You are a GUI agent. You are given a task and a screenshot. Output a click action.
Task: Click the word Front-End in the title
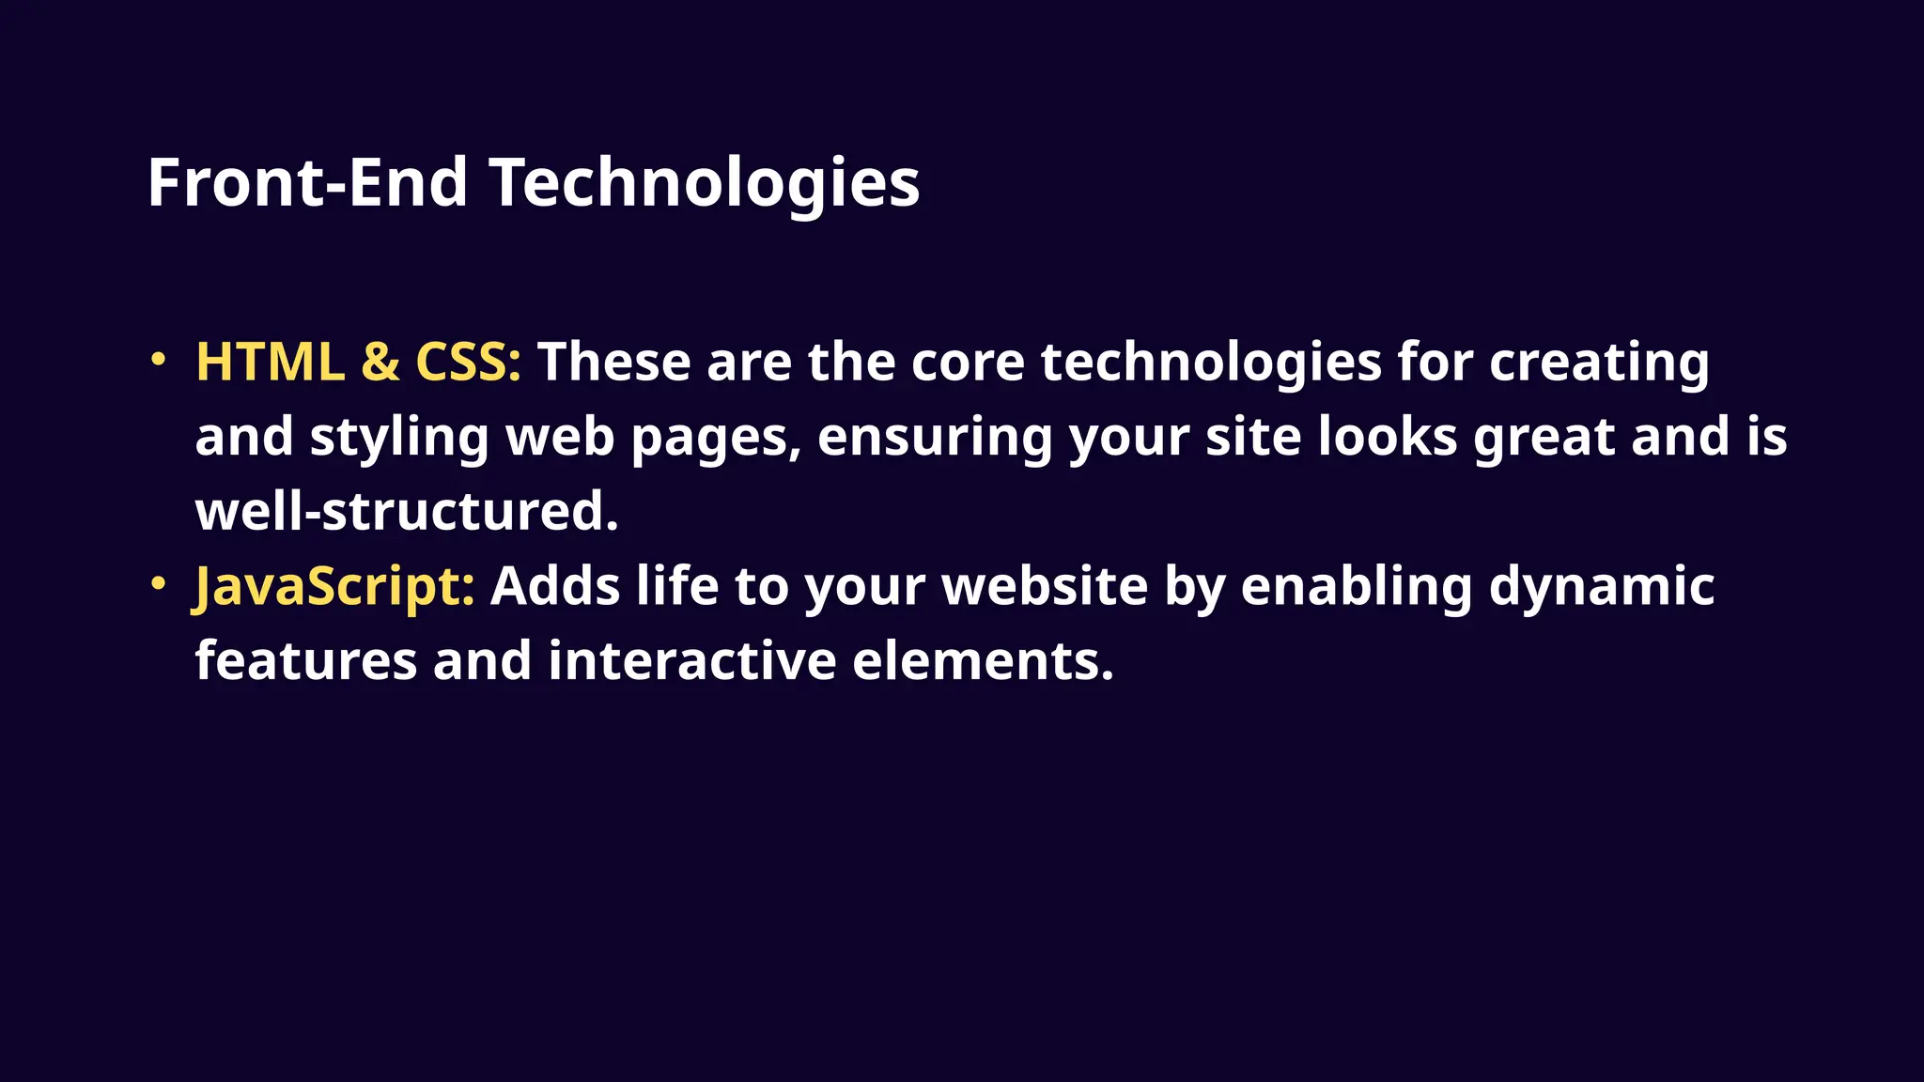click(x=307, y=182)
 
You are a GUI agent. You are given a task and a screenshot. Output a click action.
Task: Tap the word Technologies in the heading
click(x=705, y=184)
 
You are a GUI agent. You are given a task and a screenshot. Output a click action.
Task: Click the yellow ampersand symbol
click(x=380, y=362)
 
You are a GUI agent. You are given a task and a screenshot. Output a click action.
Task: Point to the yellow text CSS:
click(x=468, y=362)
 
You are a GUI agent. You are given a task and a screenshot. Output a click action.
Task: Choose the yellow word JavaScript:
click(x=334, y=587)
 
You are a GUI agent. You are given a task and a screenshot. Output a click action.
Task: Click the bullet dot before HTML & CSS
click(x=159, y=359)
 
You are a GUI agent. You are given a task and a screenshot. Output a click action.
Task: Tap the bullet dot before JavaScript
click(x=159, y=583)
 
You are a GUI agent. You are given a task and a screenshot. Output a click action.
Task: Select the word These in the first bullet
click(x=613, y=362)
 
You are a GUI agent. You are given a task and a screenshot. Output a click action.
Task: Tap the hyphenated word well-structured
click(x=407, y=512)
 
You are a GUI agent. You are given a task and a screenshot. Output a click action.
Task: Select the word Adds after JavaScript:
click(x=555, y=586)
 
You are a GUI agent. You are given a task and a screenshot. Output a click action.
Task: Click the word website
click(x=1045, y=586)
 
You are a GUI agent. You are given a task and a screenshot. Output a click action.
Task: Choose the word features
click(x=306, y=660)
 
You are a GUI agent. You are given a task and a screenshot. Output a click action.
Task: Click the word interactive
click(x=691, y=660)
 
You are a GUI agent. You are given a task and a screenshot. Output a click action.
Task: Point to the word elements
click(x=983, y=660)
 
